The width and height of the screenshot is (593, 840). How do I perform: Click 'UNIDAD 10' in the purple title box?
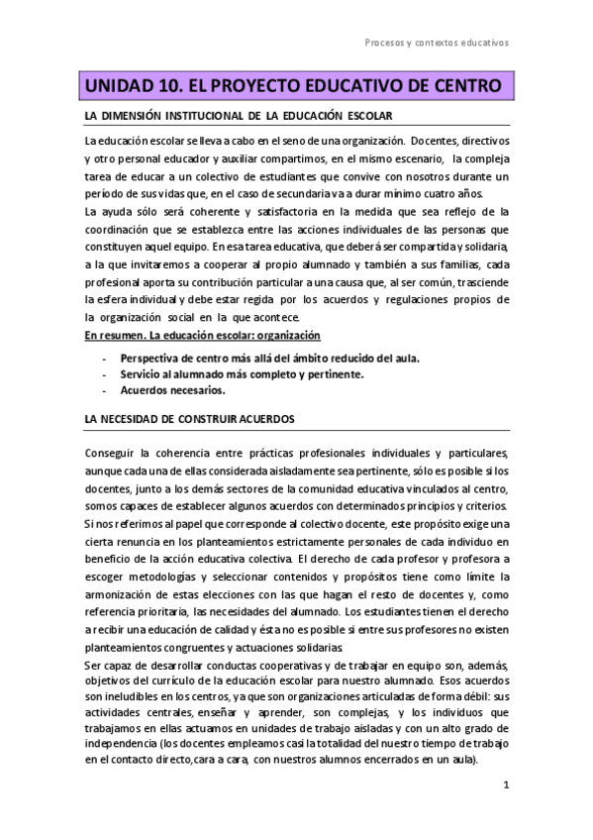tap(129, 86)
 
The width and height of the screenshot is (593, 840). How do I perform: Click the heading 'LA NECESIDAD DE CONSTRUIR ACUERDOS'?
tap(185, 419)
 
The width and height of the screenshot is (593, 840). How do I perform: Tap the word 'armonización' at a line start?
tap(124, 594)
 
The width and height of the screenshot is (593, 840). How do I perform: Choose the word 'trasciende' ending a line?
tap(480, 284)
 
